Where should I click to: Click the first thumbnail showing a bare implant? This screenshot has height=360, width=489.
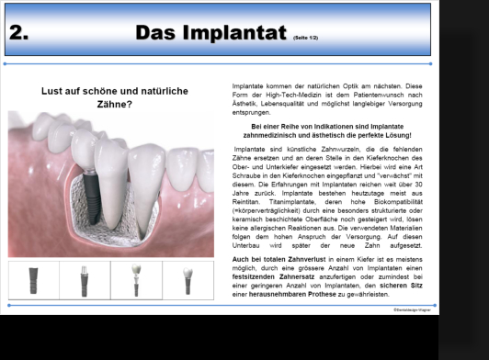(x=33, y=280)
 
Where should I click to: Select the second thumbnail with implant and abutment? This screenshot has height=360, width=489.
(x=85, y=280)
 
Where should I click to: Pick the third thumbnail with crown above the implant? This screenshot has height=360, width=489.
(x=136, y=280)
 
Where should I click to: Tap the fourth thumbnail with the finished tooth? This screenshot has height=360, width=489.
(x=188, y=280)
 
